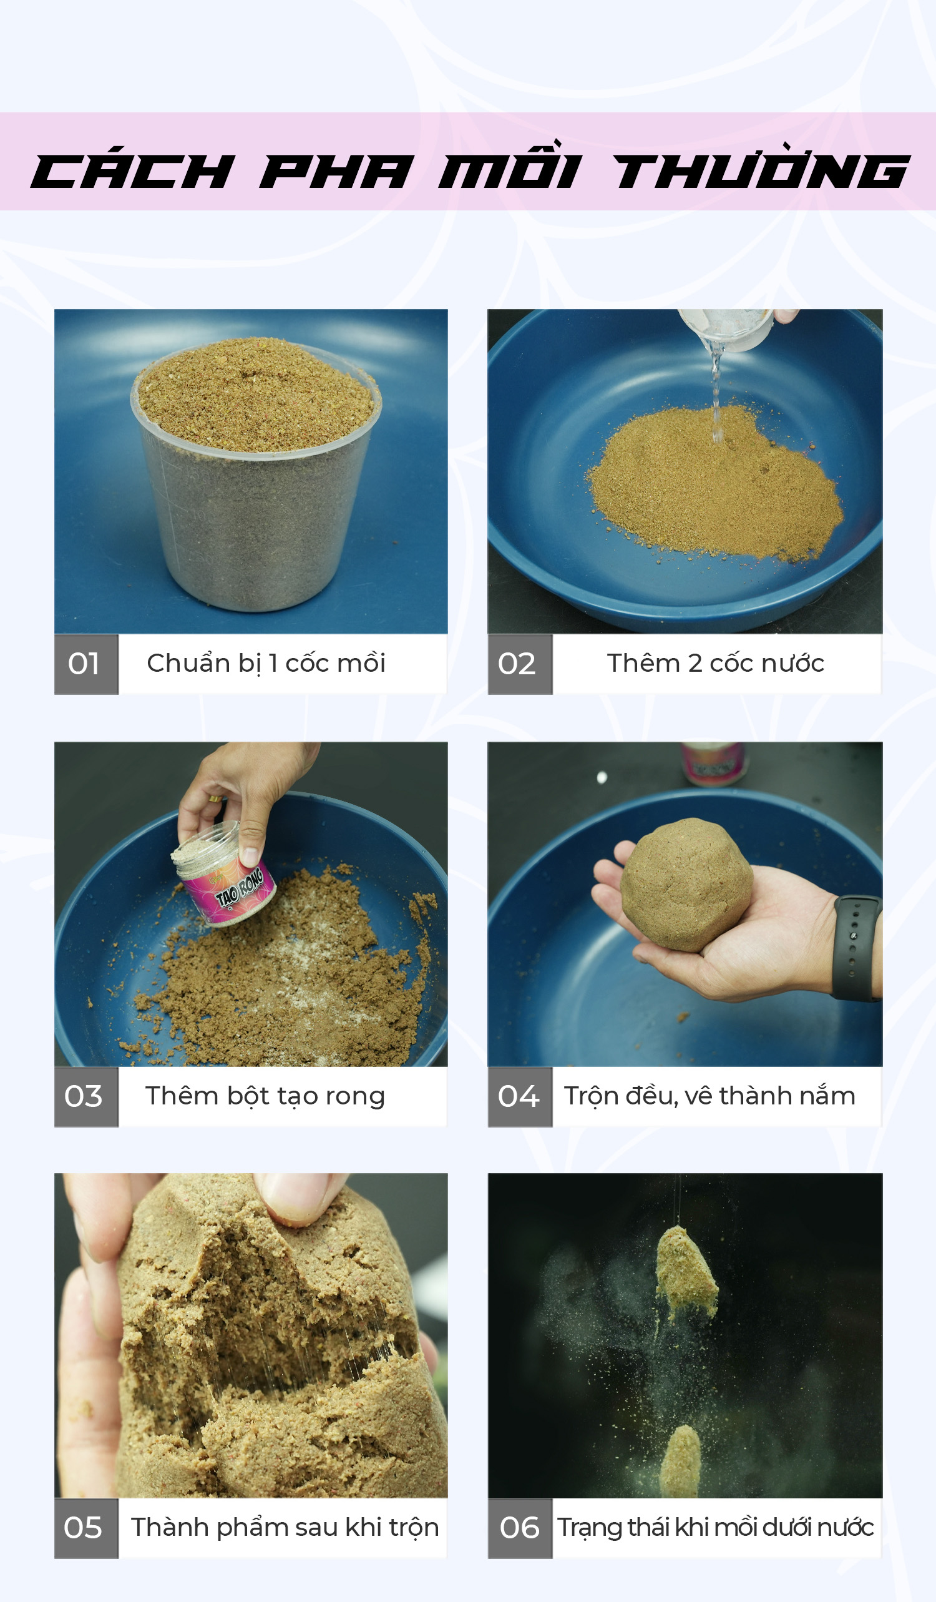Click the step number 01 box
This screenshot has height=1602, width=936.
[86, 664]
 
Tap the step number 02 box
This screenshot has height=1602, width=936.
[520, 664]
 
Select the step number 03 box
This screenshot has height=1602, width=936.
[86, 1096]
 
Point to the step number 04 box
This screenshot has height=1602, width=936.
[520, 1096]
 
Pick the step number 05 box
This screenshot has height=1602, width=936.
[86, 1528]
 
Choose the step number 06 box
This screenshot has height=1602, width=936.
[520, 1528]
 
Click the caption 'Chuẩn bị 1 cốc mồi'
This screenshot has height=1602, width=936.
[266, 664]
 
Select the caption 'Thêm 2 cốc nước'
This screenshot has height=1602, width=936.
[716, 663]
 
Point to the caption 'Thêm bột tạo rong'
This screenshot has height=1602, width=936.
[265, 1096]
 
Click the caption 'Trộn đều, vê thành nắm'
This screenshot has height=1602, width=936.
[709, 1096]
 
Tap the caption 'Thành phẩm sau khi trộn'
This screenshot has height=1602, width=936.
[285, 1528]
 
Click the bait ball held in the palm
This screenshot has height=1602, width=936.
[687, 885]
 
